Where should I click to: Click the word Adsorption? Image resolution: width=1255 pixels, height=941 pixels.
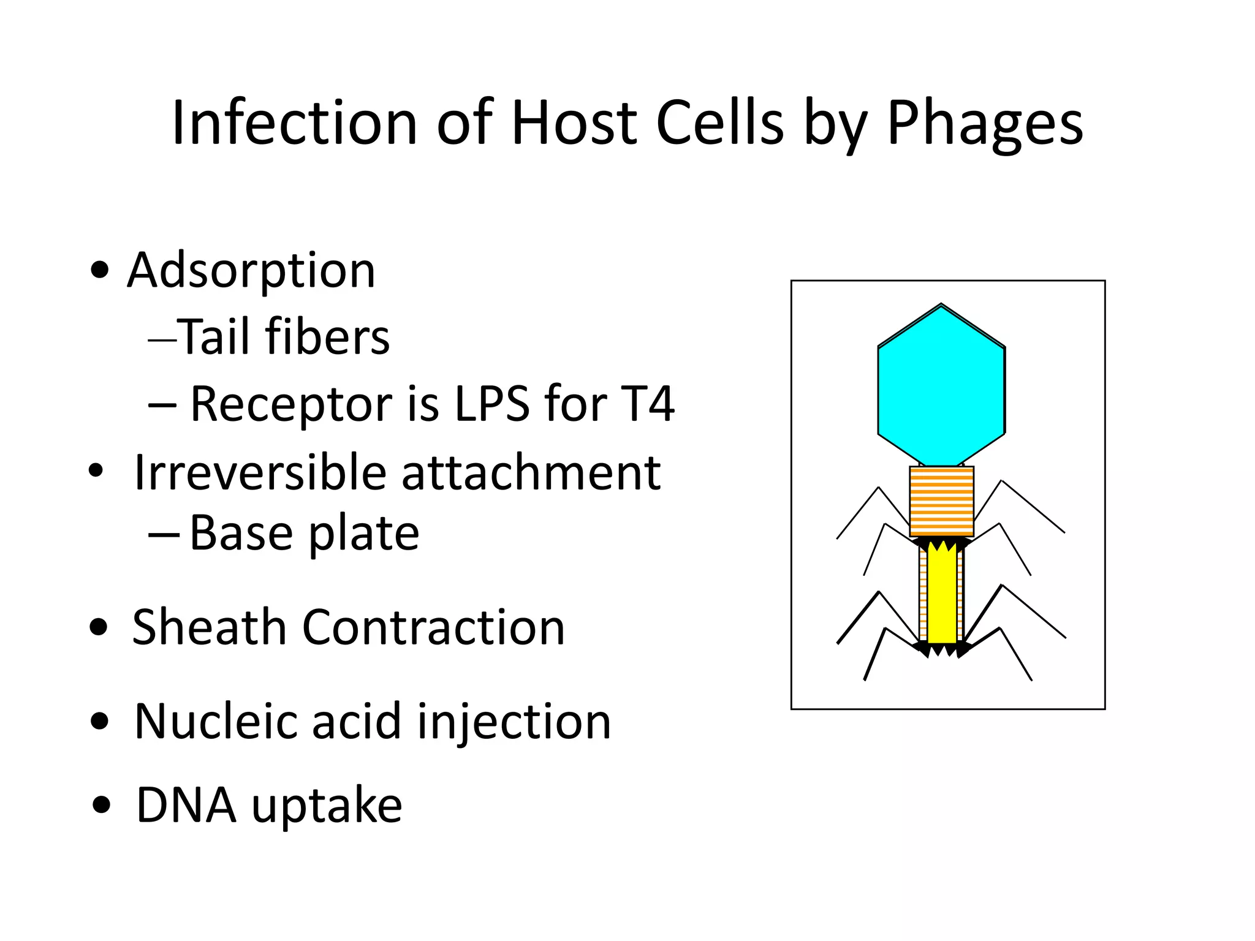pyautogui.click(x=251, y=271)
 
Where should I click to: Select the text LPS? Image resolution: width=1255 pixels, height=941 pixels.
pyautogui.click(x=492, y=404)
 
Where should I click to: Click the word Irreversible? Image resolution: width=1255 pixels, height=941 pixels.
pyautogui.click(x=260, y=473)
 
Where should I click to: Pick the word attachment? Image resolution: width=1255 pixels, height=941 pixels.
pyautogui.click(x=531, y=473)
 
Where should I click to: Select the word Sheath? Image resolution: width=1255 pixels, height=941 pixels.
pyautogui.click(x=209, y=627)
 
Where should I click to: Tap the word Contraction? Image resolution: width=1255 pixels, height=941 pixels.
pyautogui.click(x=433, y=627)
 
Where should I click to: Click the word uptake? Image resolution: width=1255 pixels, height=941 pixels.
pyautogui.click(x=327, y=806)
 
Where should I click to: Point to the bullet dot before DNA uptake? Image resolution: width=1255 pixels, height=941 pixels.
pyautogui.click(x=102, y=804)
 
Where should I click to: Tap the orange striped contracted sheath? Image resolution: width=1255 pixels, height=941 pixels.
pyautogui.click(x=941, y=501)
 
